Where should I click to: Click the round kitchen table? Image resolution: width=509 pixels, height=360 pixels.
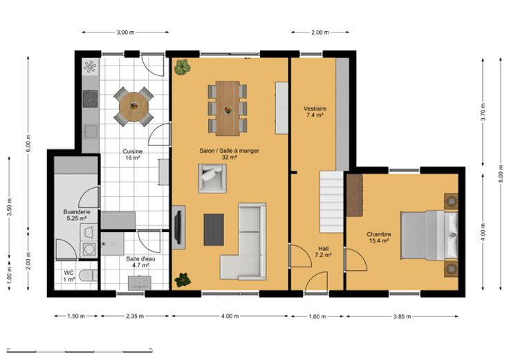pyautogui.click(x=133, y=106)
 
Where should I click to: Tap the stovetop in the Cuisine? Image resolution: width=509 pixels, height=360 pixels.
pyautogui.click(x=90, y=99)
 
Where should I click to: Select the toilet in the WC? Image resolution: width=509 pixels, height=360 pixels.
pyautogui.click(x=89, y=276)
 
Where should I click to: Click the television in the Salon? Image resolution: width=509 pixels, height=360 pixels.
pyautogui.click(x=178, y=227)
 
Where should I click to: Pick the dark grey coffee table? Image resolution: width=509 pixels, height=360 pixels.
pyautogui.click(x=214, y=229)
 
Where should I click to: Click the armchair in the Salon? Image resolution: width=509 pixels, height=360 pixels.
pyautogui.click(x=212, y=178)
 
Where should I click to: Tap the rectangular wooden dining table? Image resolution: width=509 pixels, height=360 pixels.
pyautogui.click(x=228, y=108)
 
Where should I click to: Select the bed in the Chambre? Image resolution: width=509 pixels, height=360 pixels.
pyautogui.click(x=429, y=235)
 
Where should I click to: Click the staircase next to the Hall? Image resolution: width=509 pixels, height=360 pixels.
pyautogui.click(x=332, y=202)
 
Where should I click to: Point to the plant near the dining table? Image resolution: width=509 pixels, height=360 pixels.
pyautogui.click(x=183, y=67)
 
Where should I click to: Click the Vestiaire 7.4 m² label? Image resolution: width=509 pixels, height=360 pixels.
pyautogui.click(x=315, y=111)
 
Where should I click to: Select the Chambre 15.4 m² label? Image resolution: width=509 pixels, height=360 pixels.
pyautogui.click(x=379, y=238)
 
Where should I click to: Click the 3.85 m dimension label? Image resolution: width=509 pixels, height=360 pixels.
pyautogui.click(x=402, y=316)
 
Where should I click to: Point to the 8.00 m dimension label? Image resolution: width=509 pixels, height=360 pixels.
pyautogui.click(x=501, y=174)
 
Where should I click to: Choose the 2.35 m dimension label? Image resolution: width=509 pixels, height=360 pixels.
pyautogui.click(x=135, y=316)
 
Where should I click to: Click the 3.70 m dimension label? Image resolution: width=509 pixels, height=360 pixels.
pyautogui.click(x=483, y=112)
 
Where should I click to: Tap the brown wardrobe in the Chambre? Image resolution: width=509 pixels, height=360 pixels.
pyautogui.click(x=355, y=196)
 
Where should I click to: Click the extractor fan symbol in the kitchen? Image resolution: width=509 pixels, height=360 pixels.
pyautogui.click(x=90, y=67)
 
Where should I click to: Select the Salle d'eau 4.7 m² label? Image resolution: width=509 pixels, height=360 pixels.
pyautogui.click(x=140, y=262)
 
